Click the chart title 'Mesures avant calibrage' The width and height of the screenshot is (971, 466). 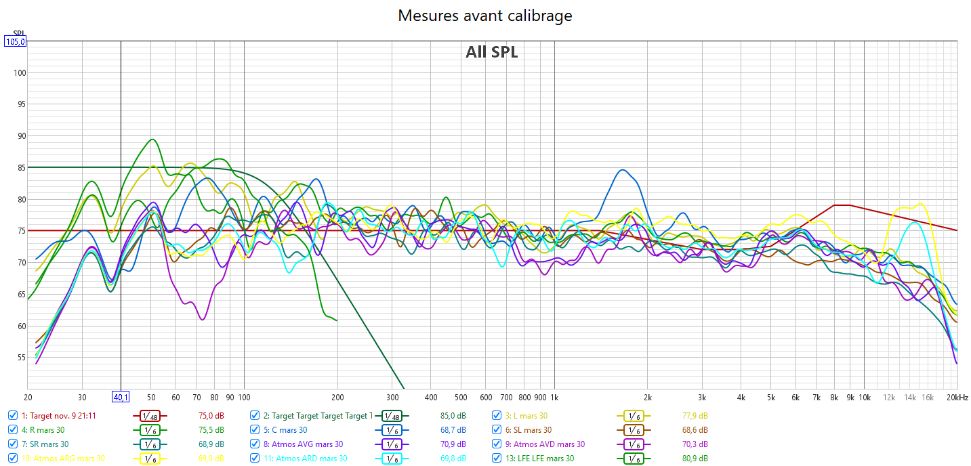coord(484,16)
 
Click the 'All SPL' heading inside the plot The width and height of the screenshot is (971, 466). coord(491,52)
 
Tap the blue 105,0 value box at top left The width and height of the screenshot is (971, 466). coord(15,41)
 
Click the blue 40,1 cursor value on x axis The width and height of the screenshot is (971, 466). coord(121,397)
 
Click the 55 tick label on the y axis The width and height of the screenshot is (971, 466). coord(20,358)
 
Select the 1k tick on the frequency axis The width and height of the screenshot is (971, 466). coord(554,397)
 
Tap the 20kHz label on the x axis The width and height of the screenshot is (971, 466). coord(957,397)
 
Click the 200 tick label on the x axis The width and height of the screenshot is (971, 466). coord(337,397)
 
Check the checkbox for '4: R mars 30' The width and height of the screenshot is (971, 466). coord(13,429)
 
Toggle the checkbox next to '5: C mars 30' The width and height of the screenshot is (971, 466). coord(255,429)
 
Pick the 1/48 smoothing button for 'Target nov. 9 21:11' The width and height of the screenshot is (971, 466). coord(150,416)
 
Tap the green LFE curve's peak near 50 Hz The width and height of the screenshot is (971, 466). coord(152,140)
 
